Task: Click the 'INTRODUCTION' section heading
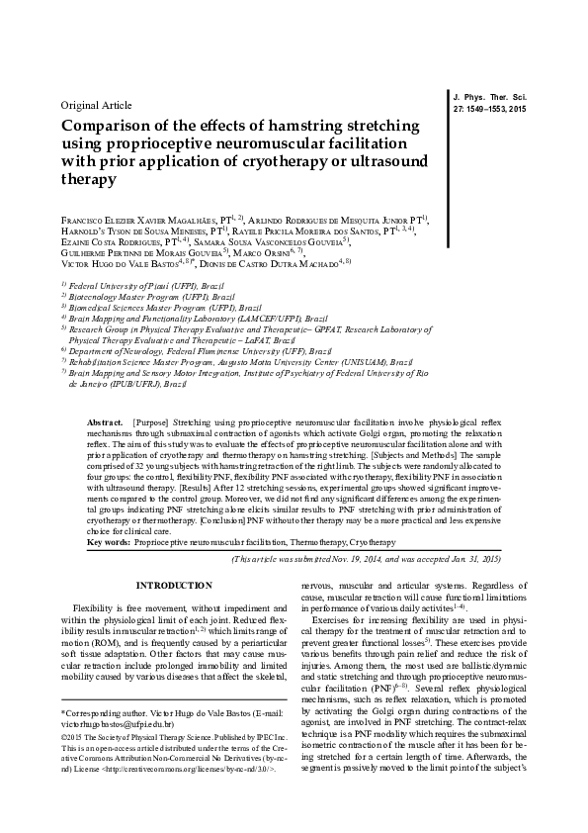[x=173, y=587]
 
